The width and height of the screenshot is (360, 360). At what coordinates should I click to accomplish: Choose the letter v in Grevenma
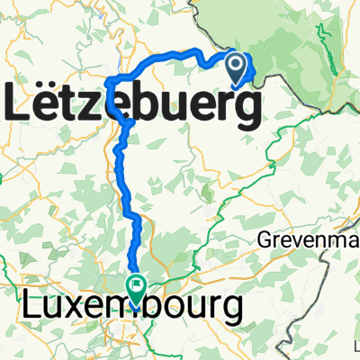pyautogui.click(x=295, y=242)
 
